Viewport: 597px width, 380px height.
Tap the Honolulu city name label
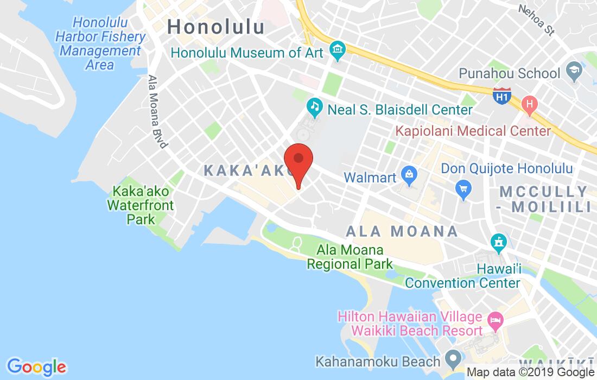coord(216,27)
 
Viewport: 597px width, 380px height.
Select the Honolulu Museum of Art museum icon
coord(338,52)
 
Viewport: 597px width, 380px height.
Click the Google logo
coord(36,366)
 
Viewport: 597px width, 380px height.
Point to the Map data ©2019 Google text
coord(531,372)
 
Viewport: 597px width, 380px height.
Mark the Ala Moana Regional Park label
coord(350,257)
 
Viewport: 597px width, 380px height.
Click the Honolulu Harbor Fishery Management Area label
coord(100,44)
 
